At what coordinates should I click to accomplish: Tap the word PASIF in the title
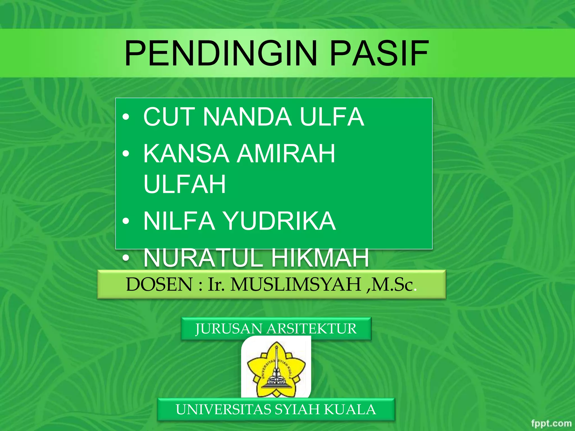[x=379, y=53]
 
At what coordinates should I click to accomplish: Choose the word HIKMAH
[x=320, y=258]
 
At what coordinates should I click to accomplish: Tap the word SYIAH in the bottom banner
[x=297, y=409]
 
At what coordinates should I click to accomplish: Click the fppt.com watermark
[x=551, y=423]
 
